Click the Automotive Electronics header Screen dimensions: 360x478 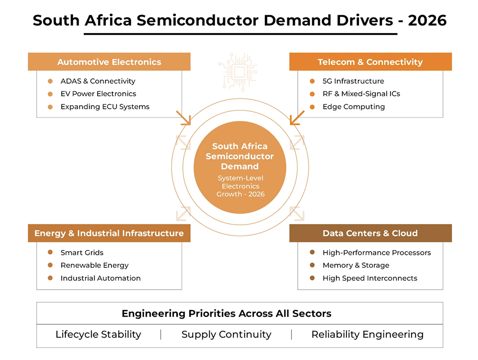click(109, 62)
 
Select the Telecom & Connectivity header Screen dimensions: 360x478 click(370, 62)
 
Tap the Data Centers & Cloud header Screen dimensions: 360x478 click(370, 233)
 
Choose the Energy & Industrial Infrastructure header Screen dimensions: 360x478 click(109, 233)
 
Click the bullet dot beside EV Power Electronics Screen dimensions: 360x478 click(50, 94)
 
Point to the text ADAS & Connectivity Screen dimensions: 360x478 click(98, 81)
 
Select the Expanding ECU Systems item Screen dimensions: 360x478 click(105, 107)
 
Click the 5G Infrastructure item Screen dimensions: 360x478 click(353, 81)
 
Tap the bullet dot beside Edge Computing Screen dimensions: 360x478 click(312, 107)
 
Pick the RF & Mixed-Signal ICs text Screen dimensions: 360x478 click(361, 94)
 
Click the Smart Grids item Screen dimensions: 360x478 click(82, 252)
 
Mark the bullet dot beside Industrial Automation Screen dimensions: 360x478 click(50, 278)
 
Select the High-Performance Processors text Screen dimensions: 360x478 click(377, 252)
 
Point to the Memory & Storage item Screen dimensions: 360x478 click(356, 265)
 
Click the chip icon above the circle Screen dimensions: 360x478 click(238, 72)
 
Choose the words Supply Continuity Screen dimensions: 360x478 click(226, 335)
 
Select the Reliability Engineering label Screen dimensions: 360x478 click(367, 335)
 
